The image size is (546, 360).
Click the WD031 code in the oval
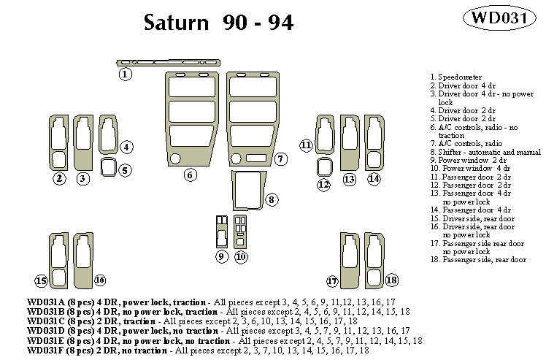point(504,18)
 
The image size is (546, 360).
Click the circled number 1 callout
point(126,74)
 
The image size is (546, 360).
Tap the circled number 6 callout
point(190,175)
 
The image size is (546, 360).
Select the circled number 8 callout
point(271,199)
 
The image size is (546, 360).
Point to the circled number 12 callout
point(324,185)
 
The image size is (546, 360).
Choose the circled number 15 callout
point(42,280)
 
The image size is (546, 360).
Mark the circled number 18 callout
point(392,280)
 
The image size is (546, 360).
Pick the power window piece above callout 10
point(241,231)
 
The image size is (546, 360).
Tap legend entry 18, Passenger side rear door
point(478,259)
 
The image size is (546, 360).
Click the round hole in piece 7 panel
point(237,158)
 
